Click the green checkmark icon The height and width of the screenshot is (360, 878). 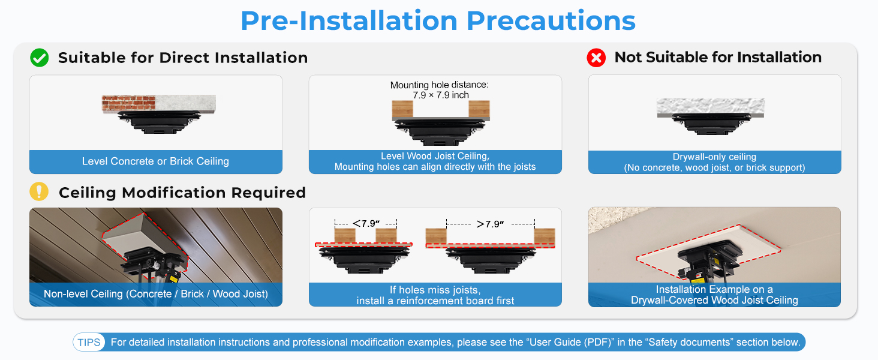(x=40, y=58)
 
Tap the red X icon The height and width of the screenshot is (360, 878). (x=596, y=58)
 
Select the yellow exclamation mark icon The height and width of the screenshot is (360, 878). (x=39, y=192)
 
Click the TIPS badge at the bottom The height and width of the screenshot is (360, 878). (x=89, y=343)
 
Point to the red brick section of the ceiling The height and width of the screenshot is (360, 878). (x=128, y=103)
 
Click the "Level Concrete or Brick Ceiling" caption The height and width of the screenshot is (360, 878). (x=155, y=161)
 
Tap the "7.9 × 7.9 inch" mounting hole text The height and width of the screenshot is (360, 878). (x=441, y=95)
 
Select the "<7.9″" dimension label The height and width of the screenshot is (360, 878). (x=366, y=224)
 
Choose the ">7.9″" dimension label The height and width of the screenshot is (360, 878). (x=490, y=224)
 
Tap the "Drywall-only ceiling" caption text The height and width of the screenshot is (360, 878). (x=714, y=157)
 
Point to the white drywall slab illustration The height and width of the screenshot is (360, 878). (x=711, y=106)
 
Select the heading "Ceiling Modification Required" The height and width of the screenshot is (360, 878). (x=182, y=193)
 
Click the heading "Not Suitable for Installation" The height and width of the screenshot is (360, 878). (x=718, y=57)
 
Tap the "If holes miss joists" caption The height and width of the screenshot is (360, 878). (x=435, y=290)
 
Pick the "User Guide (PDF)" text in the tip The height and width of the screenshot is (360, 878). (x=570, y=343)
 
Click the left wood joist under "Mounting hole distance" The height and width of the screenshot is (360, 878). (x=402, y=109)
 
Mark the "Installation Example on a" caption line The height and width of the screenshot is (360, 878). (x=714, y=289)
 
